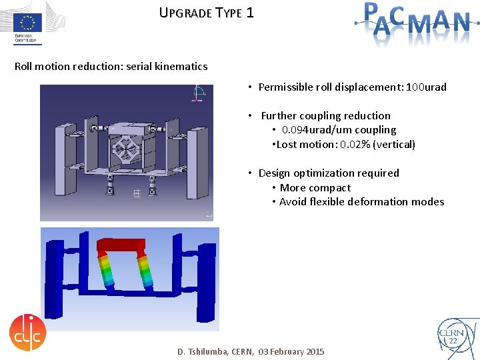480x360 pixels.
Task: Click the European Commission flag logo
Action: (x=28, y=24)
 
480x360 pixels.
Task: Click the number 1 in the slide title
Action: (x=249, y=13)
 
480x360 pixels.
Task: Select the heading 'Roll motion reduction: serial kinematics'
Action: (x=111, y=67)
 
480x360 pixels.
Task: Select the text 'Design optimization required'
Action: (x=329, y=173)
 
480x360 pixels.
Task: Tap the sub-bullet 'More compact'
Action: (x=315, y=188)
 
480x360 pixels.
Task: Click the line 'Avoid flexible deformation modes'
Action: (x=361, y=202)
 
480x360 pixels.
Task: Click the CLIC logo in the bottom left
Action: (x=28, y=331)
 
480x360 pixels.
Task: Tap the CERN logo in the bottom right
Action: (x=453, y=335)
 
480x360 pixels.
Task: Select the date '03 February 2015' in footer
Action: (x=291, y=351)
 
